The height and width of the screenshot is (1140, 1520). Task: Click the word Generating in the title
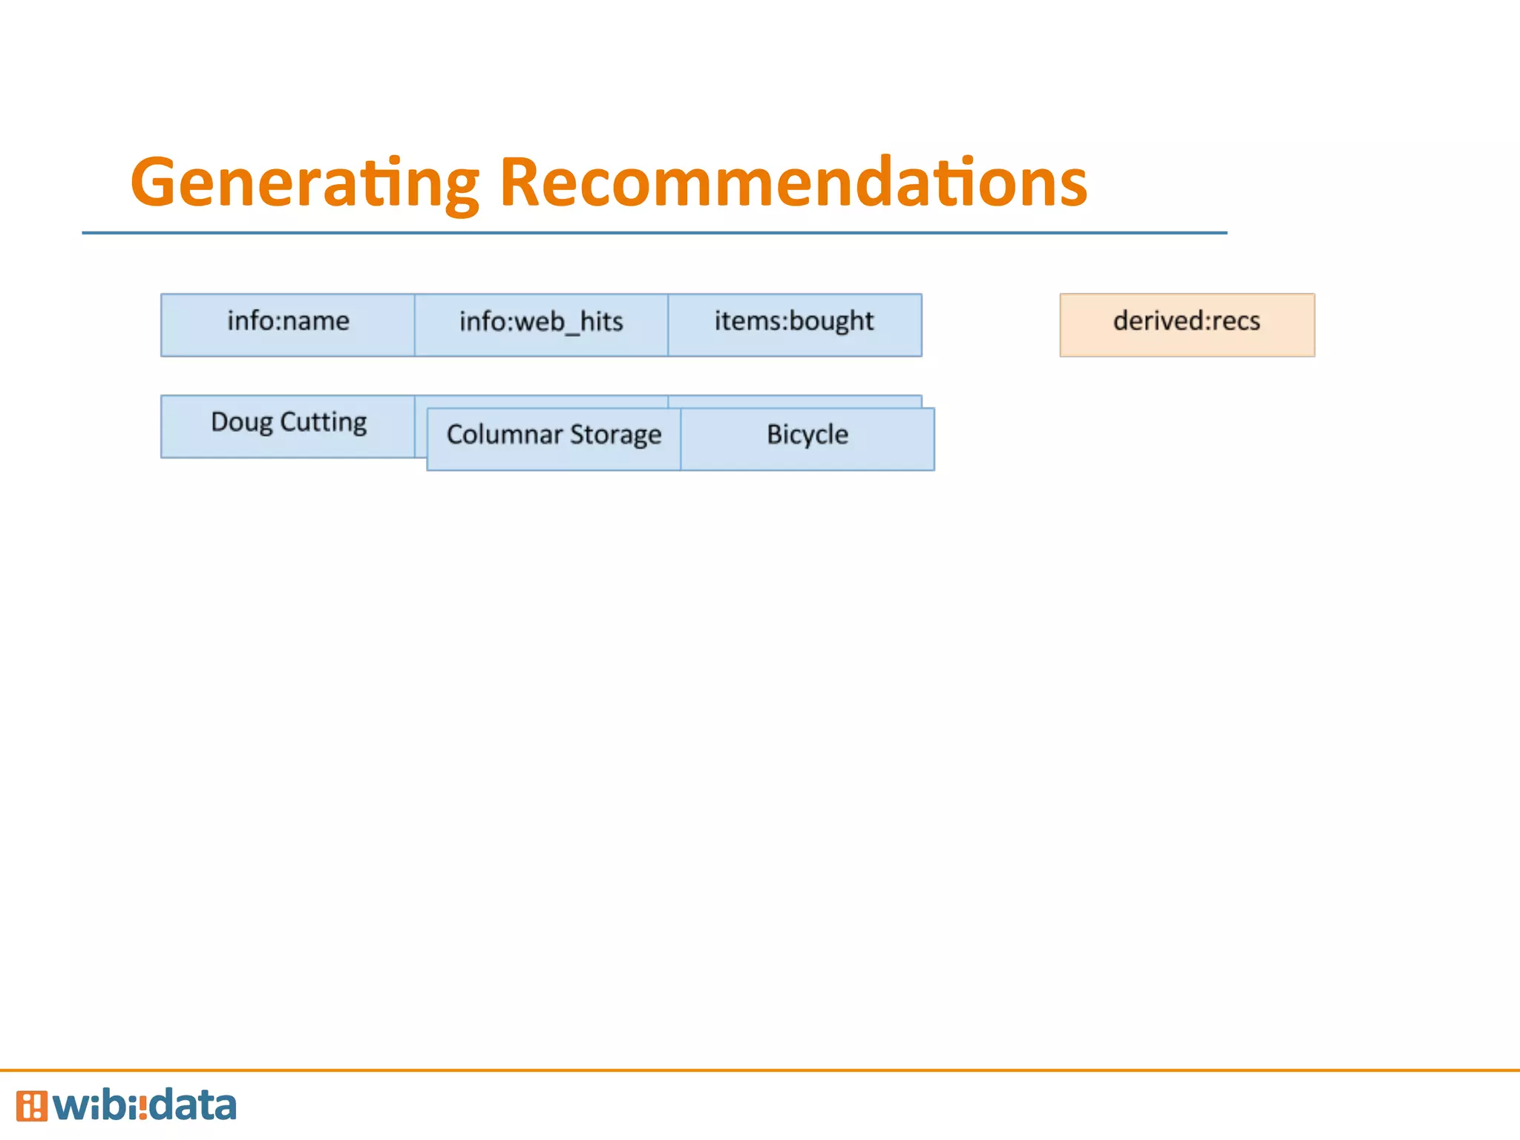point(304,183)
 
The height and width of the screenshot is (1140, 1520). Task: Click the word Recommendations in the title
point(793,183)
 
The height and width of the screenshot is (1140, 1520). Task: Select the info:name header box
point(288,324)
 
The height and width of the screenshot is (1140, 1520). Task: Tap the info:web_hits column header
point(541,324)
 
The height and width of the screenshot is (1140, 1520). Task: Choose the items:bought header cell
point(794,324)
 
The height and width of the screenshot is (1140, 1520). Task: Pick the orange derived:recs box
point(1187,324)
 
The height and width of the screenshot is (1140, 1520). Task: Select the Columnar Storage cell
point(554,439)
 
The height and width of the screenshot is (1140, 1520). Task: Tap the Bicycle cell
point(807,439)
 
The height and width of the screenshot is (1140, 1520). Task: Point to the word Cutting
point(324,422)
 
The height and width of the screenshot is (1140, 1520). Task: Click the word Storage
point(615,435)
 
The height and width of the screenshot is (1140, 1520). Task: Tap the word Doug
point(241,422)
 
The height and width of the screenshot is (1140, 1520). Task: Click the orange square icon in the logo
point(31,1106)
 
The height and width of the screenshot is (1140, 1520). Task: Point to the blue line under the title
point(653,233)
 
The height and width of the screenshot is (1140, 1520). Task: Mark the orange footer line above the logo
point(760,1070)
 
